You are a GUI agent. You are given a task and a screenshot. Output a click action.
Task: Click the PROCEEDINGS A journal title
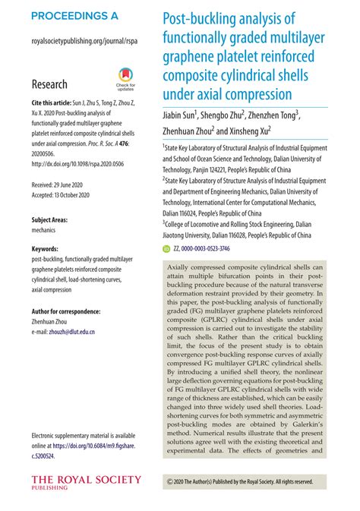click(x=75, y=16)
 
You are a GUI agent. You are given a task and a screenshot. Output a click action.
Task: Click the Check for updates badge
click(x=125, y=80)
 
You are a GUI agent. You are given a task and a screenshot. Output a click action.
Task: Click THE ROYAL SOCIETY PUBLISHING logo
click(x=86, y=482)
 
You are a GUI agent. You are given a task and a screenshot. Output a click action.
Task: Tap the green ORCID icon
click(x=167, y=248)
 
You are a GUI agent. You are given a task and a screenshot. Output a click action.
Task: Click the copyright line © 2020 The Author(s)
click(x=239, y=481)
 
